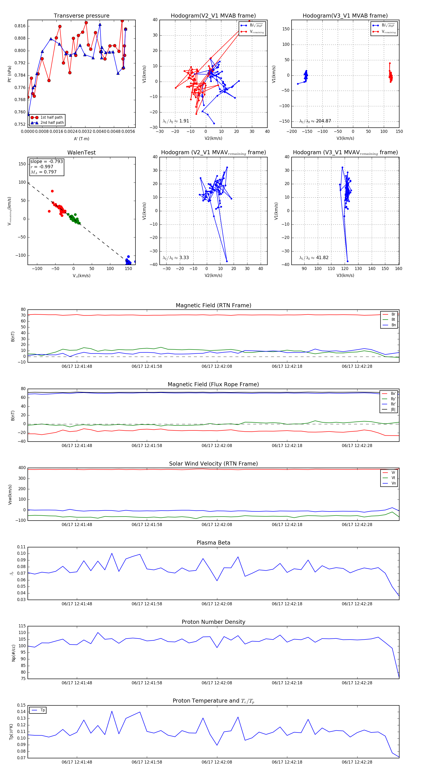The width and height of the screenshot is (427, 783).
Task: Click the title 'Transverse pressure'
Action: coord(81,16)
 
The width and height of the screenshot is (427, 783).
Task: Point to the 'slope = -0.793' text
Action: coord(46,161)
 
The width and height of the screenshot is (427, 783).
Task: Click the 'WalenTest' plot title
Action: coord(81,153)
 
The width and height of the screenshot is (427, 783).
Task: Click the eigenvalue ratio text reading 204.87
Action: coord(315,121)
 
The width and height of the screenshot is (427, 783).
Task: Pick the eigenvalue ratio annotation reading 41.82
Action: coord(314,258)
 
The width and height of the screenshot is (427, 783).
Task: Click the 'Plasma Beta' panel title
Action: coord(213,543)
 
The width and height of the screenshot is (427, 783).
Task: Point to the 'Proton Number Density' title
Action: coord(213,622)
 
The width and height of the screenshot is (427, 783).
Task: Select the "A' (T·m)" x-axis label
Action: coord(81,139)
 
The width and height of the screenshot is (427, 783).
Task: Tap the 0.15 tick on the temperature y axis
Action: coord(21,705)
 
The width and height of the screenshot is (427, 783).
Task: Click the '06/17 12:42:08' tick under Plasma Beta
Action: coord(217,604)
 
